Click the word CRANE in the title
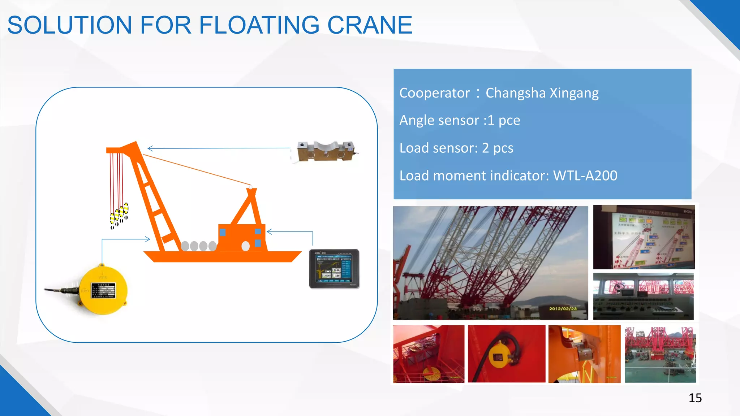(x=369, y=25)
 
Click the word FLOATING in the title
(x=259, y=25)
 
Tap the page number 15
(x=695, y=398)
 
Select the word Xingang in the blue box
(x=574, y=93)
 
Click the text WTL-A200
(x=585, y=176)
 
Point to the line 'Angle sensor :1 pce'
(x=460, y=120)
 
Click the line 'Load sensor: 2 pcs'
(x=456, y=148)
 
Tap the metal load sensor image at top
(x=325, y=151)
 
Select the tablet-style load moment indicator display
(x=334, y=269)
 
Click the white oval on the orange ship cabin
(x=245, y=246)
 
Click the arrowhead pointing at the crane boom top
(x=150, y=148)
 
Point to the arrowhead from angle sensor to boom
(x=147, y=239)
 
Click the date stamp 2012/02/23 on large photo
(x=563, y=309)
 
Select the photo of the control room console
(x=643, y=296)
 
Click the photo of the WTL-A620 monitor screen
(x=644, y=237)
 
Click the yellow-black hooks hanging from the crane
(x=119, y=214)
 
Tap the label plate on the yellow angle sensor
(x=103, y=290)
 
